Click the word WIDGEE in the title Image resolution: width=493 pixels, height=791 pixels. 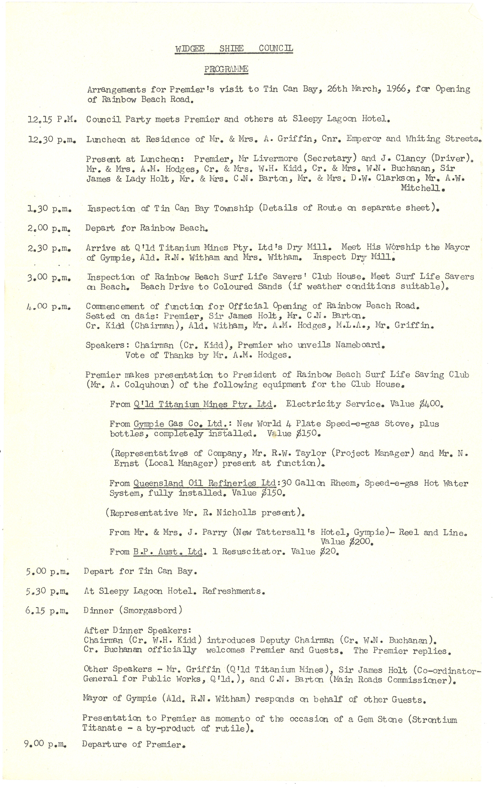(x=190, y=49)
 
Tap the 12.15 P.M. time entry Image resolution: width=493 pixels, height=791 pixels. (x=52, y=120)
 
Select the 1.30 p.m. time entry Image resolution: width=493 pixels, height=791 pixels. (x=50, y=209)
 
